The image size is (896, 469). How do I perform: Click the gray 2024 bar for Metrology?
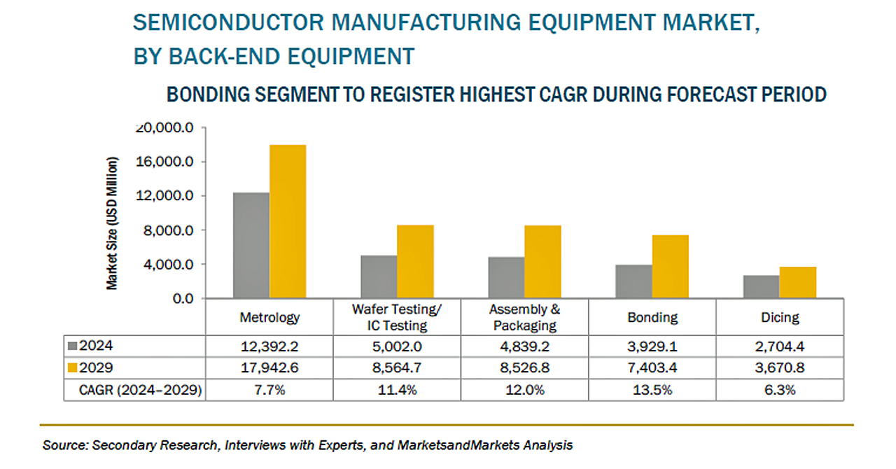(x=251, y=245)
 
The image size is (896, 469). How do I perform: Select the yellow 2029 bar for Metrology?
(x=288, y=221)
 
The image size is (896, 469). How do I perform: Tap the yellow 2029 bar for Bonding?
(x=671, y=267)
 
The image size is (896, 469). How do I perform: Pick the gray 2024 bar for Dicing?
(x=761, y=286)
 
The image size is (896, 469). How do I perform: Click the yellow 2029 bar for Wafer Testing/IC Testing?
(x=415, y=262)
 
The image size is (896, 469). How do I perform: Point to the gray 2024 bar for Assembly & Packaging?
(x=506, y=278)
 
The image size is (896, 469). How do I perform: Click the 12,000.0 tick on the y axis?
(x=164, y=196)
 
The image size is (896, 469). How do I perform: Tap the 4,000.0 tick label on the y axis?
(x=169, y=265)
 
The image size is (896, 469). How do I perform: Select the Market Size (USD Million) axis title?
(x=112, y=223)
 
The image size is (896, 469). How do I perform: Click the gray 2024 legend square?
(x=72, y=346)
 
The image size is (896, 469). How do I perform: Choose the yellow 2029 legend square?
(x=72, y=367)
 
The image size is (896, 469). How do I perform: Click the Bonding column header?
(x=652, y=318)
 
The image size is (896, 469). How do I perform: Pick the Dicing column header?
(x=780, y=317)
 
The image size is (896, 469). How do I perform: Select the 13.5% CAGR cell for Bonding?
(x=652, y=390)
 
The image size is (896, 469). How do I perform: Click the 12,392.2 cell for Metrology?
(x=269, y=346)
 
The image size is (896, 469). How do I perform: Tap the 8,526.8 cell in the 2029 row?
(x=525, y=367)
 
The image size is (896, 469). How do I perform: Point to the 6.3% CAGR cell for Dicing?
(x=780, y=390)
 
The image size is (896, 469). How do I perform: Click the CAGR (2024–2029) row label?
(x=141, y=390)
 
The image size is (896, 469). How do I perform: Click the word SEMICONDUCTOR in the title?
(x=228, y=22)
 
